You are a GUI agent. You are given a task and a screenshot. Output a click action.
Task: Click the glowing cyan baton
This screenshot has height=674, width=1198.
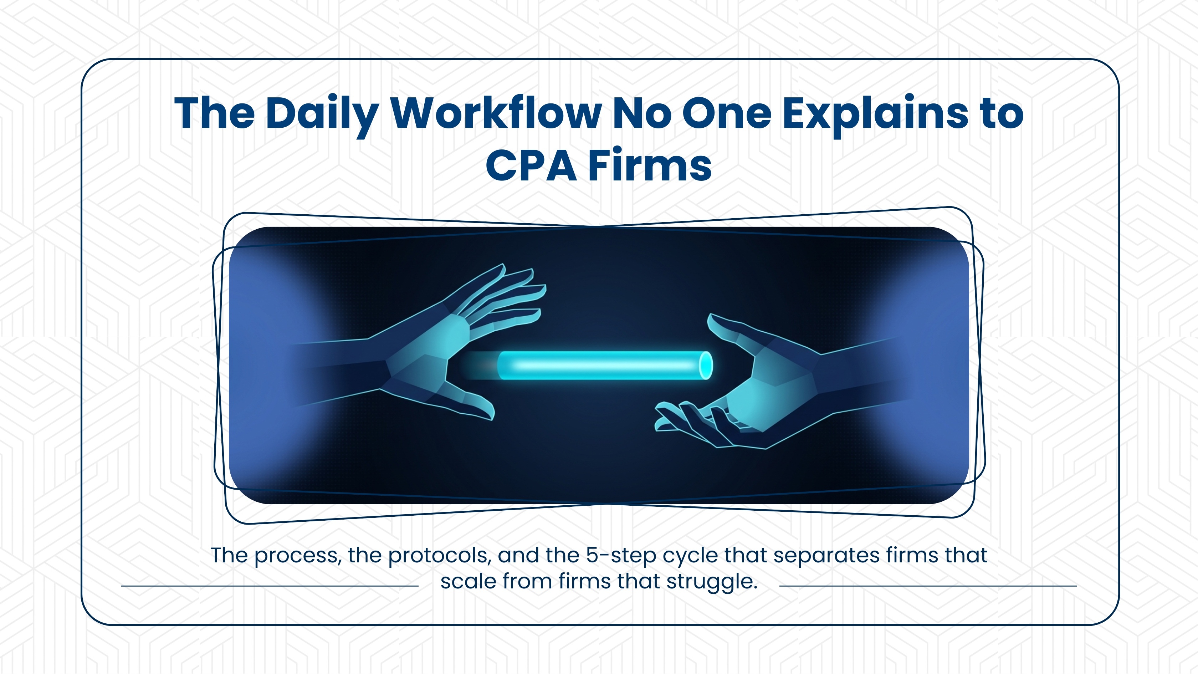(x=600, y=366)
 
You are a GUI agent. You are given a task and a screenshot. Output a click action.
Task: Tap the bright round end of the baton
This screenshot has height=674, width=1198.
(x=706, y=366)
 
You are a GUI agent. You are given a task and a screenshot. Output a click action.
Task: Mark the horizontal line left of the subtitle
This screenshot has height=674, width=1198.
(x=270, y=586)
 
